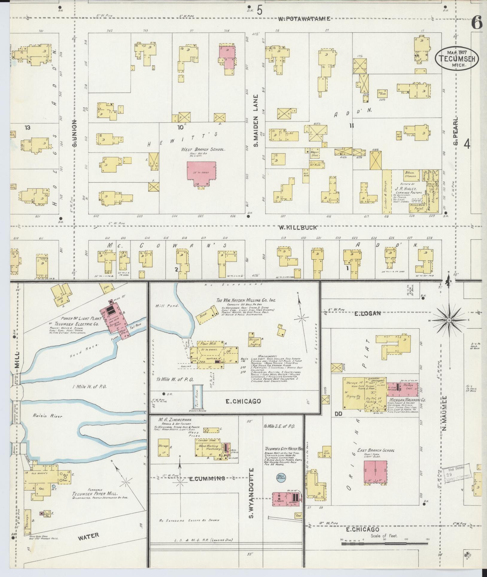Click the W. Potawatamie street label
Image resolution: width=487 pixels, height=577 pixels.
tap(304, 19)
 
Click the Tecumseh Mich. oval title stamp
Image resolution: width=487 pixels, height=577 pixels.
tap(456, 58)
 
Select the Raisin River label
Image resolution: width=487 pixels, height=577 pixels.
tap(47, 416)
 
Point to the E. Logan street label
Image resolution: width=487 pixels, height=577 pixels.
tap(367, 314)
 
